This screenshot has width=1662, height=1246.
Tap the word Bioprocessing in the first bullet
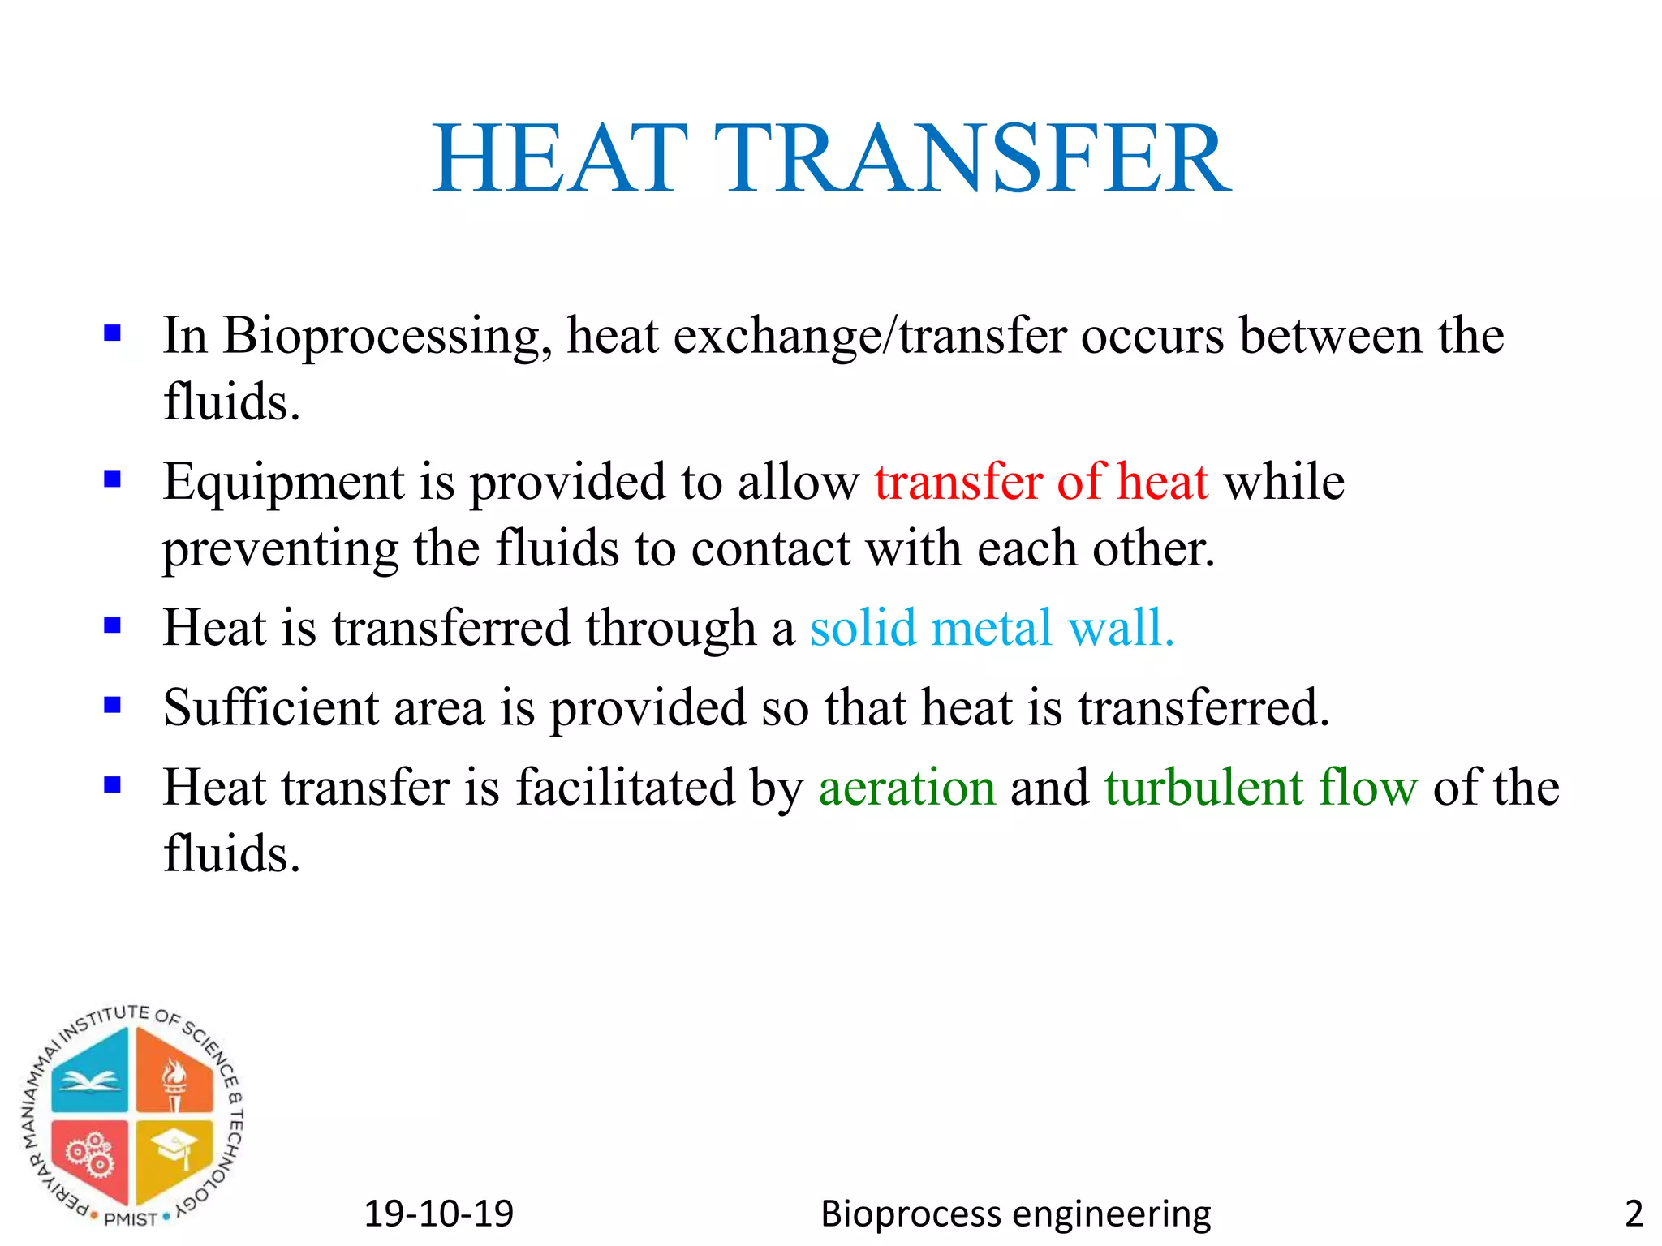pyautogui.click(x=386, y=336)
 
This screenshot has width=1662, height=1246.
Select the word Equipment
pyautogui.click(x=283, y=482)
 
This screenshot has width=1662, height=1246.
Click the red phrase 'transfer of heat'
pyautogui.click(x=1041, y=482)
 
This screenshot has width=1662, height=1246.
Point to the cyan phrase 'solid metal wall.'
pyautogui.click(x=992, y=628)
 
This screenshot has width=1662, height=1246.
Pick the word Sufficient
pyautogui.click(x=271, y=707)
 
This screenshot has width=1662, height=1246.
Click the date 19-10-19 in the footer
pyautogui.click(x=439, y=1214)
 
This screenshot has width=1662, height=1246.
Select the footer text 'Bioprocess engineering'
pyautogui.click(x=1015, y=1214)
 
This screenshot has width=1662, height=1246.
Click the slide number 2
pyautogui.click(x=1634, y=1214)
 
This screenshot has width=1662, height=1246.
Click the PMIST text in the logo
pyautogui.click(x=131, y=1219)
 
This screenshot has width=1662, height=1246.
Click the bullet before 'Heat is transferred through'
pyautogui.click(x=113, y=625)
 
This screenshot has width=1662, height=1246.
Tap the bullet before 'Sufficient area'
pyautogui.click(x=113, y=705)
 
